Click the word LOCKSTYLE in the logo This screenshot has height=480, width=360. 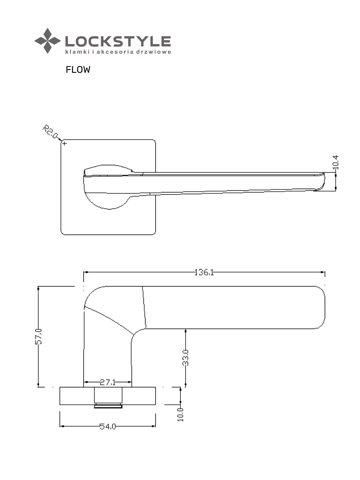click(118, 41)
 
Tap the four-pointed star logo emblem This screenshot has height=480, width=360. click(48, 41)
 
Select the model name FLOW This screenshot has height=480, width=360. click(78, 70)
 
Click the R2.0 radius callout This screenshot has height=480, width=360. click(50, 132)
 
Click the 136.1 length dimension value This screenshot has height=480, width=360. click(204, 272)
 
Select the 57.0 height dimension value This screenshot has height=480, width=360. click(38, 336)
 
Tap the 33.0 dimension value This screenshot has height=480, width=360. click(185, 358)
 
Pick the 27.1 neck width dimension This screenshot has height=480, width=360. click(108, 382)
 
